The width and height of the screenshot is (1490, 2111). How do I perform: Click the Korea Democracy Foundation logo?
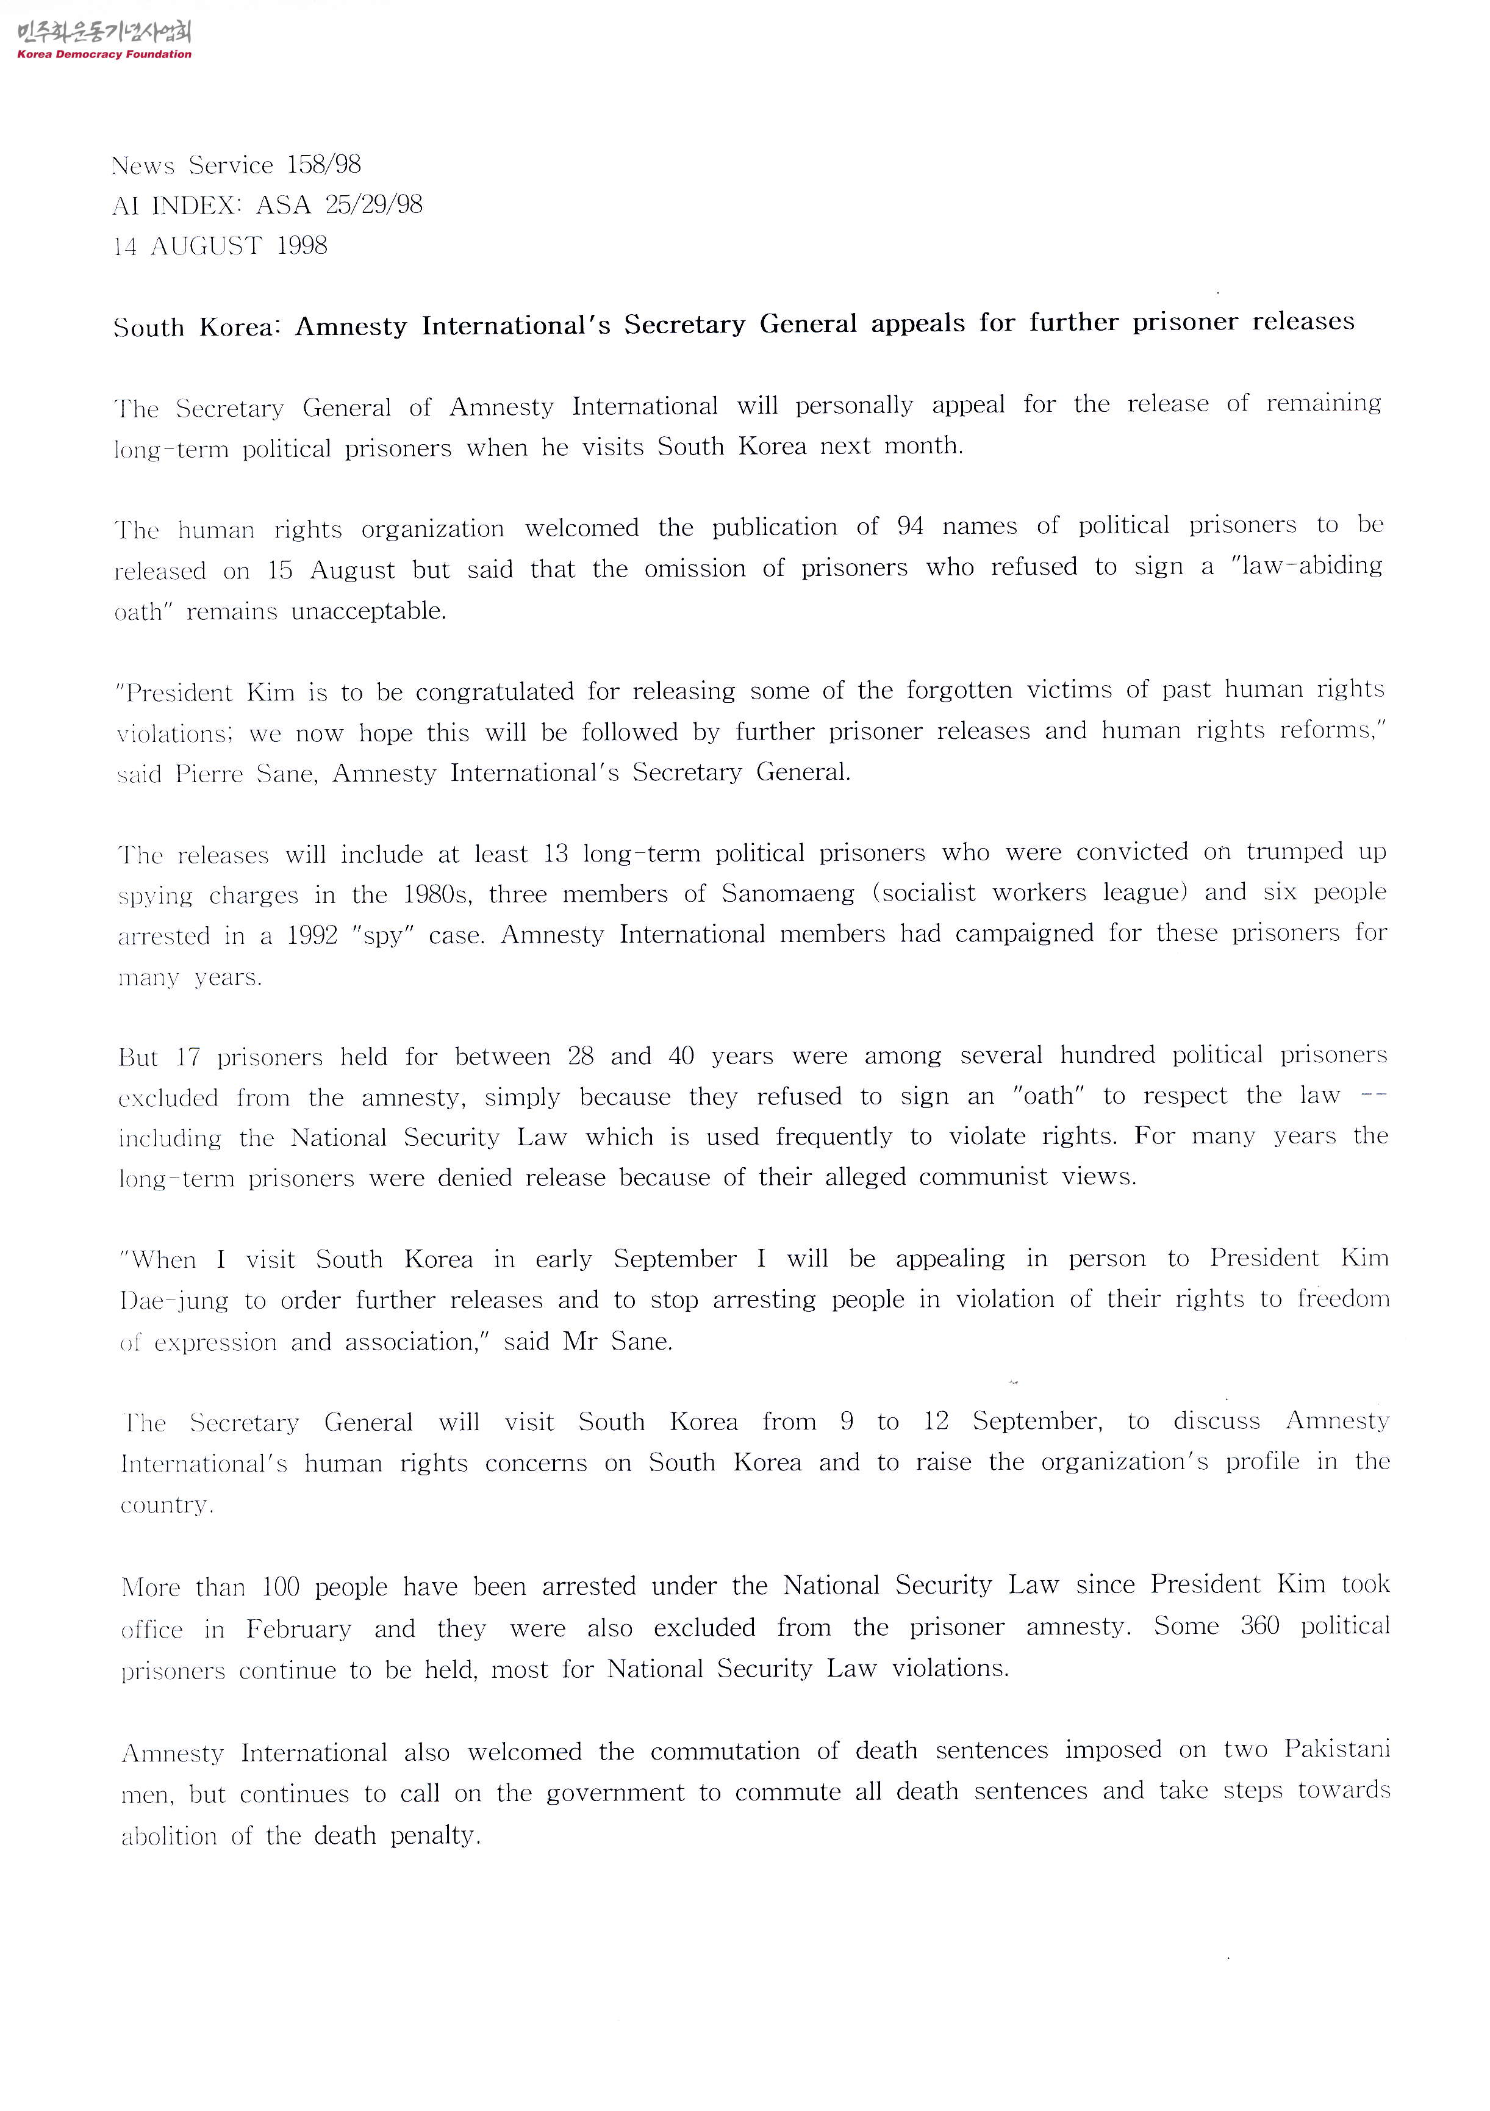(104, 40)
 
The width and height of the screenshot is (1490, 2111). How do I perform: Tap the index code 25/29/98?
(373, 204)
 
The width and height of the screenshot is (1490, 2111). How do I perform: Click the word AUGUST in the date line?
(206, 246)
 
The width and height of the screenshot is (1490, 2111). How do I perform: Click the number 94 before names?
(910, 526)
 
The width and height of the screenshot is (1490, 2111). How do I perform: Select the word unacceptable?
(368, 611)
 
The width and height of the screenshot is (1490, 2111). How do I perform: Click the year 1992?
(312, 936)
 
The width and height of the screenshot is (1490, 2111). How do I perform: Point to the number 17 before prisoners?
(188, 1057)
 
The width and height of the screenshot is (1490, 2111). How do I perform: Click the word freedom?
(1343, 1298)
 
